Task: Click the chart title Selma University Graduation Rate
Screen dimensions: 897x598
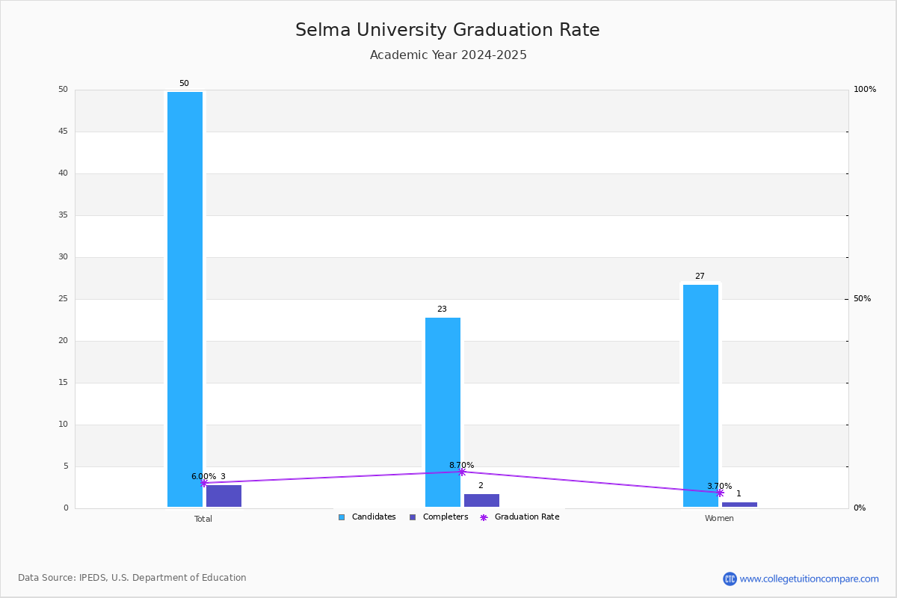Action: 448,30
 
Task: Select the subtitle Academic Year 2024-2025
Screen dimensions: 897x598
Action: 448,55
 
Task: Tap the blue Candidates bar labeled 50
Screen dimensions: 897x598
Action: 185,299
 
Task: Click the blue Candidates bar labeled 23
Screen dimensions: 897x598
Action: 443,412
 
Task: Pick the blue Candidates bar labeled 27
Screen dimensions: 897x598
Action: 701,395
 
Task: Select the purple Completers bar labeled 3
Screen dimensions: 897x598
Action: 224,496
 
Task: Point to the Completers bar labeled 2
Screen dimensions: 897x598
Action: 481,500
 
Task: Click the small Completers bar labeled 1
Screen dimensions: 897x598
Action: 739,505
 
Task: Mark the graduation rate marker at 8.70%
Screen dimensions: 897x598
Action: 462,472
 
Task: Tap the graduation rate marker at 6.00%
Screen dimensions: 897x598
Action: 204,483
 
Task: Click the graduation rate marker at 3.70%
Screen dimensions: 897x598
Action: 720,493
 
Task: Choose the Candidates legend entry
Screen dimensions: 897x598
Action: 367,517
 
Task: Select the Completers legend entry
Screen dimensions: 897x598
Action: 439,517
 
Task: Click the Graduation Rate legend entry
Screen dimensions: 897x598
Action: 520,517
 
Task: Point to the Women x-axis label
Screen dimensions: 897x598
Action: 719,518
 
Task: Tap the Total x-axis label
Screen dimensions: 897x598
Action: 203,519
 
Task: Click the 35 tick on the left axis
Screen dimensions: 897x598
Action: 64,215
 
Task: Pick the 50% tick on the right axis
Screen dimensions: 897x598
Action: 862,299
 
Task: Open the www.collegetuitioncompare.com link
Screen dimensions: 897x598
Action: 809,579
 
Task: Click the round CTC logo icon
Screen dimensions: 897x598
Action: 730,579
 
